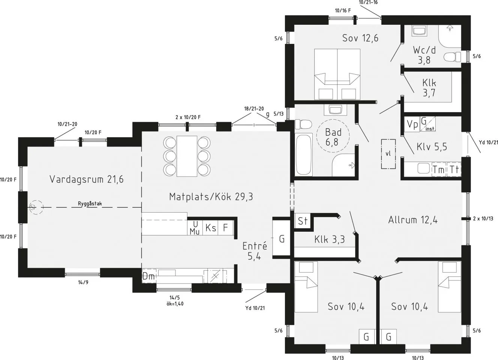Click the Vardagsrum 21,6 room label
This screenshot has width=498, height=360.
(86, 179)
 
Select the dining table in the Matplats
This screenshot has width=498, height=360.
(187, 156)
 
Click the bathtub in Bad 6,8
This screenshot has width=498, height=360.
(303, 155)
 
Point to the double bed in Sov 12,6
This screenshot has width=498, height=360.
(337, 74)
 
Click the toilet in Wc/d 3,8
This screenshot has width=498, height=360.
(452, 57)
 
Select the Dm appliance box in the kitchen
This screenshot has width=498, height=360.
(148, 276)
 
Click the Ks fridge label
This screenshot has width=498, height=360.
(211, 228)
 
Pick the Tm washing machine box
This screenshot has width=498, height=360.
(438, 170)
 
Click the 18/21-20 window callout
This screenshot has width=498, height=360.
(254, 108)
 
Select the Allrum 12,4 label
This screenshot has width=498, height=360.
(413, 220)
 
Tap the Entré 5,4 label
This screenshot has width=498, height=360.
(255, 251)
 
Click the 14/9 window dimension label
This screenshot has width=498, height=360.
(83, 282)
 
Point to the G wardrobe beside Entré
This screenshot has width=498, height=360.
(282, 238)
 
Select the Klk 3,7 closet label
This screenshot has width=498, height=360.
(429, 88)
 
